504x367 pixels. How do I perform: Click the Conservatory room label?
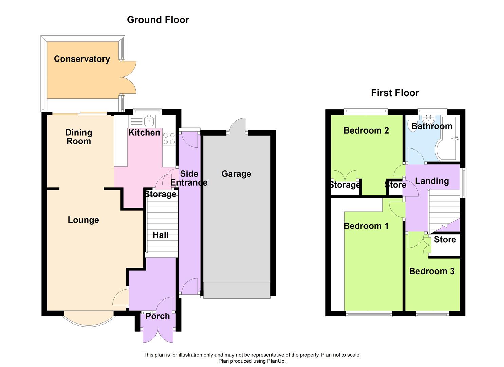coord(82,59)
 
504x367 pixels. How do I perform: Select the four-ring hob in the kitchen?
coord(169,139)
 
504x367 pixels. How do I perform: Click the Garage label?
coord(236,174)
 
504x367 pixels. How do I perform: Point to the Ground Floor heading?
coord(158,20)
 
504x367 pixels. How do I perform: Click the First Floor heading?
coord(395,93)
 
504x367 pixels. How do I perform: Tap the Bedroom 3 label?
coord(431,271)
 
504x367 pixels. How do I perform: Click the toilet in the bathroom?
coord(412,120)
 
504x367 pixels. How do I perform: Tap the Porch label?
coord(157,316)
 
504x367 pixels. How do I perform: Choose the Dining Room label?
coord(79,137)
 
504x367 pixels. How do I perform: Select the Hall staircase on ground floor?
coord(162,228)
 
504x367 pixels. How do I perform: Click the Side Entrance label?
coord(189,178)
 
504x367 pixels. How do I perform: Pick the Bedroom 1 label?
coord(366,226)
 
